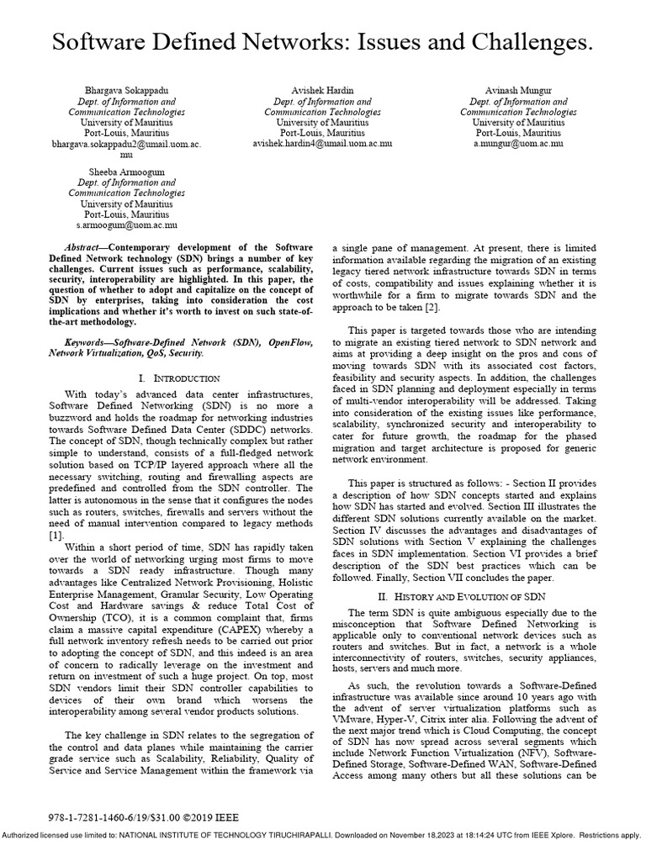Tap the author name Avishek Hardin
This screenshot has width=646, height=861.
click(x=323, y=90)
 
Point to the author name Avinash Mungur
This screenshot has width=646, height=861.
click(x=517, y=90)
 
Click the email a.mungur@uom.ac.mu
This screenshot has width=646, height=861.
click(x=517, y=144)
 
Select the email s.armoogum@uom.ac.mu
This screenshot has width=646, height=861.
click(x=126, y=225)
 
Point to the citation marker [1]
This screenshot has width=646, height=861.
click(x=56, y=535)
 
